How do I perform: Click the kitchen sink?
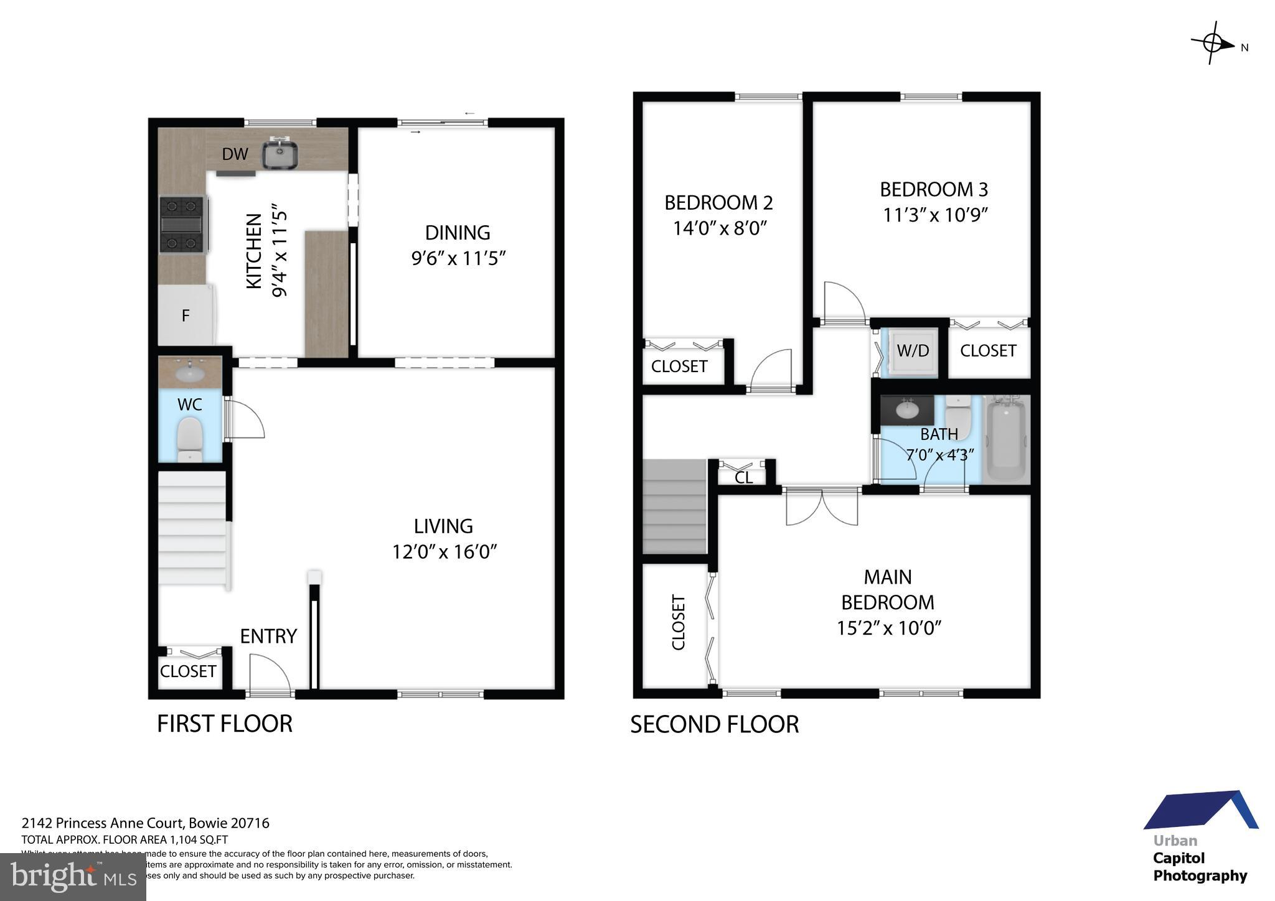279,154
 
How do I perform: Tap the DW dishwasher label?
235,154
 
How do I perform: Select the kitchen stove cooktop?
182,225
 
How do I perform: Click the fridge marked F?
186,315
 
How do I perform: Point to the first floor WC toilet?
190,439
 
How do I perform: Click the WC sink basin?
189,373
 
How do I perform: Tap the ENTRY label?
268,636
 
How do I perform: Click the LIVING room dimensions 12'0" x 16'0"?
444,552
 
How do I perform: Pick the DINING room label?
458,233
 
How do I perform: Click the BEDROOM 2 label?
718,203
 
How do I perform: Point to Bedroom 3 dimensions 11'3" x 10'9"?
935,215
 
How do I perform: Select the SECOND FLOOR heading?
714,724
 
